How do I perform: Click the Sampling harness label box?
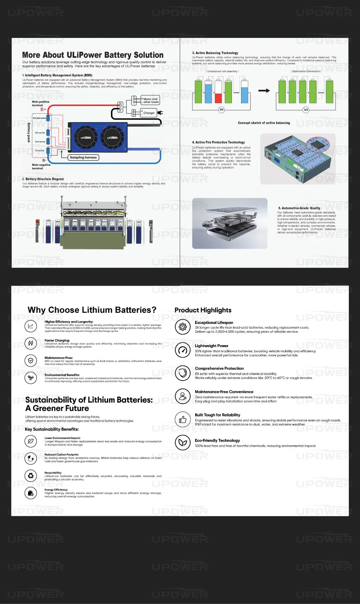pos(83,158)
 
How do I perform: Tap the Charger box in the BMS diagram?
pos(149,113)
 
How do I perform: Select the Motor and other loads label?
pos(150,101)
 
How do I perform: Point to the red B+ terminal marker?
pos(43,109)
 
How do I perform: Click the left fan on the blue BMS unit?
pos(86,138)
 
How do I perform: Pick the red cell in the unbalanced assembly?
pos(218,98)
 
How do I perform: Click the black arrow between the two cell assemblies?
pos(264,91)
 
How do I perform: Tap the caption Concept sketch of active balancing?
pos(264,123)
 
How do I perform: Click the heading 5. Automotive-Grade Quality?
pos(299,208)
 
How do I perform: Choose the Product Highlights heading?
pos(203,310)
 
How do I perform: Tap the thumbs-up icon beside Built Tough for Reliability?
pos(183,419)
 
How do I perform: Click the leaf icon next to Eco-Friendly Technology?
pos(183,442)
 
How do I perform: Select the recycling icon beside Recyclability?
pos(31,475)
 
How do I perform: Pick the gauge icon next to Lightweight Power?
pos(183,350)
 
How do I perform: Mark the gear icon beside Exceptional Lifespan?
pos(183,327)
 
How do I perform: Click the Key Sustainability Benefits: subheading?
pos(52,429)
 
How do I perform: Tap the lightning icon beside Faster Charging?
pos(31,343)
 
